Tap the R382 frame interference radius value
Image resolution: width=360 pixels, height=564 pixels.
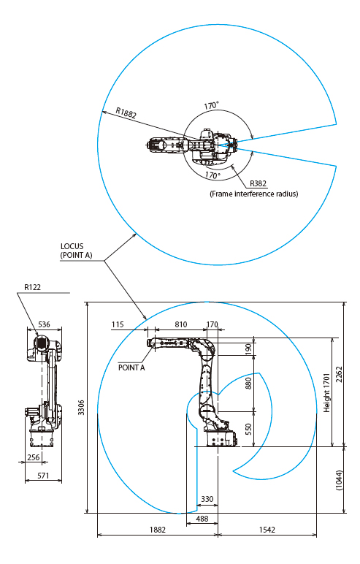258,183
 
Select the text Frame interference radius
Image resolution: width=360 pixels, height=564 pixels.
254,194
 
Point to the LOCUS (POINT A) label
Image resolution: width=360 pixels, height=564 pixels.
76,251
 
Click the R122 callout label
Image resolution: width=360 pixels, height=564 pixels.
32,287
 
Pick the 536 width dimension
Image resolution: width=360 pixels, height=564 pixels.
45,324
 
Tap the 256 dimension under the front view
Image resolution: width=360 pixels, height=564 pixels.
34,457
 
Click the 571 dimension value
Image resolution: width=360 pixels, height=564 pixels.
43,476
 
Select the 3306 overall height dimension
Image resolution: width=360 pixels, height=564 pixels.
81,407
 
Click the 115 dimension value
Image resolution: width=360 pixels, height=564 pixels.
118,324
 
